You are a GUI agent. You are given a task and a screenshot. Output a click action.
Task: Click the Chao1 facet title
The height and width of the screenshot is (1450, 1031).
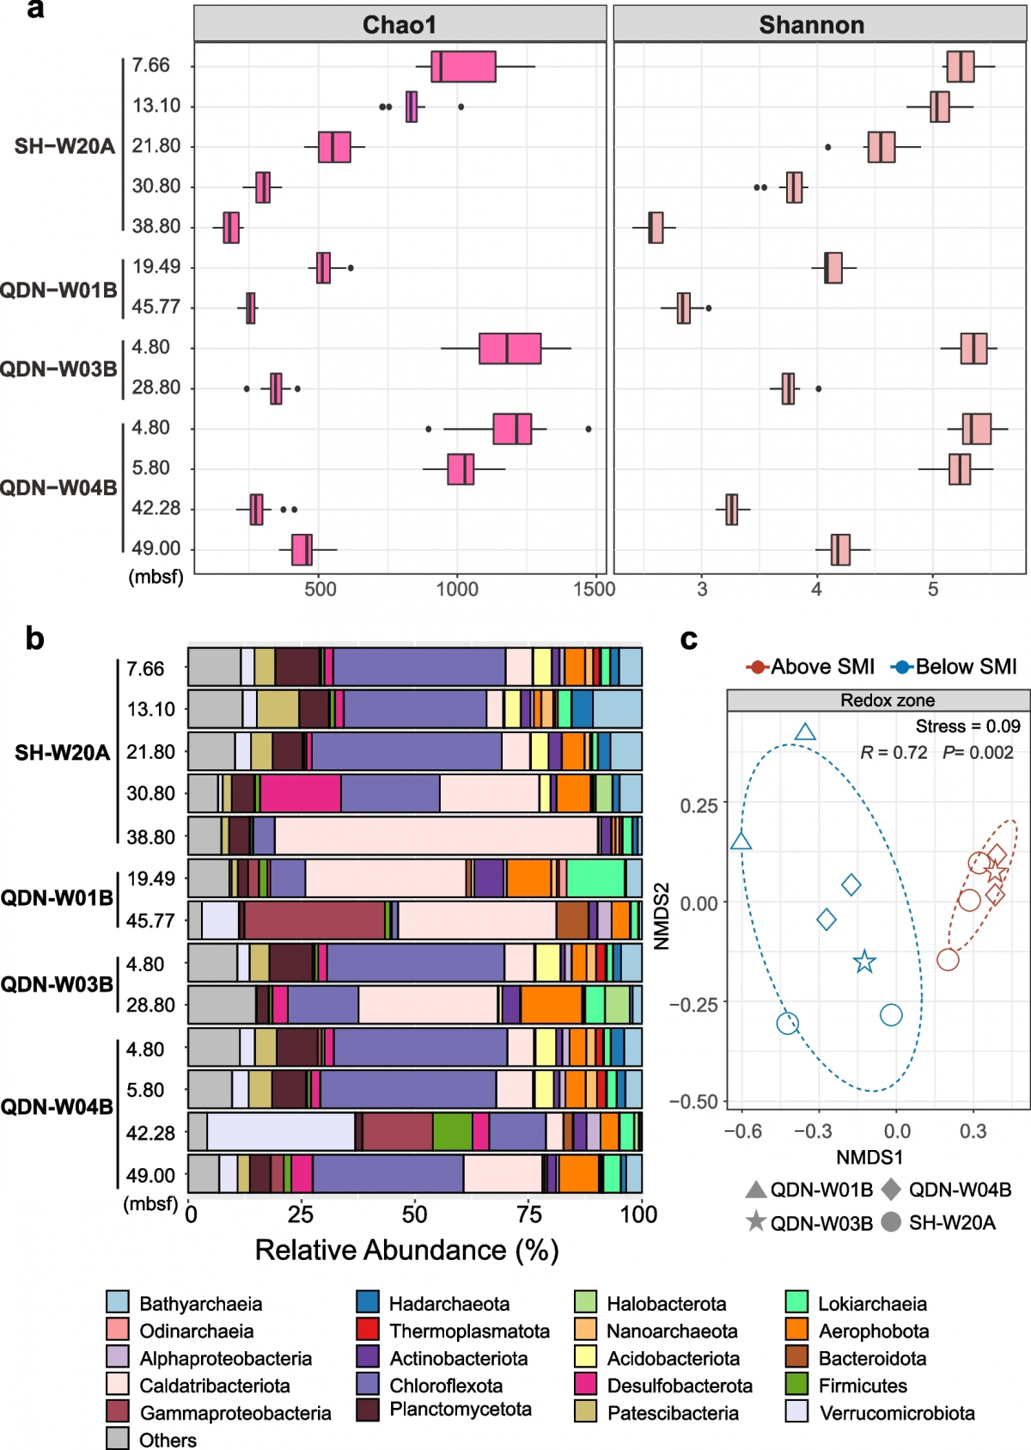(400, 25)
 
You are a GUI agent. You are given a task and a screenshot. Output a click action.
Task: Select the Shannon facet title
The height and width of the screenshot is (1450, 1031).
(811, 25)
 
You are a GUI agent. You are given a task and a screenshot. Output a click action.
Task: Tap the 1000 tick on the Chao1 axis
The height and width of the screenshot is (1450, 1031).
(457, 590)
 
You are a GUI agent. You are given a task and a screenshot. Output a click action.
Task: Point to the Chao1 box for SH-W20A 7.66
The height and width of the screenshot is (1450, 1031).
(464, 66)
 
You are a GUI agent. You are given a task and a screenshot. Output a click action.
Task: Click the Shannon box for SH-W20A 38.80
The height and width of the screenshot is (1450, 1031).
(656, 227)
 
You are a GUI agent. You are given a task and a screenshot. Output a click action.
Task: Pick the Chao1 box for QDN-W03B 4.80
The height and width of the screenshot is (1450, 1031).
(509, 348)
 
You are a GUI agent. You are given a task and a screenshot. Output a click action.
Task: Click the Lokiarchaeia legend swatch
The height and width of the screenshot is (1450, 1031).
(796, 1302)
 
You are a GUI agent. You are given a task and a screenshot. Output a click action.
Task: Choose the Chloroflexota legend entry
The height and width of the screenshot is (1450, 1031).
(446, 1385)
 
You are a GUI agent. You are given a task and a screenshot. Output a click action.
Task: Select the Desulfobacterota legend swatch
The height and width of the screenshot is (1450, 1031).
(585, 1385)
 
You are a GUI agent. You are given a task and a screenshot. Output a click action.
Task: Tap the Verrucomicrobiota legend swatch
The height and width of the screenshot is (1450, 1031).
(796, 1412)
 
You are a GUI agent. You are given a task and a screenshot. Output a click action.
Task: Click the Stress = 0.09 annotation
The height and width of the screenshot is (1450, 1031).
(967, 726)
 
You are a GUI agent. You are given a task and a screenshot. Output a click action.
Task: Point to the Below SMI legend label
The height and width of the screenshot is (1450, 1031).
(966, 666)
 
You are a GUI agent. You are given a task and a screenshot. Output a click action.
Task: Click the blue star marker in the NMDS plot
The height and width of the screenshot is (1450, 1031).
(864, 962)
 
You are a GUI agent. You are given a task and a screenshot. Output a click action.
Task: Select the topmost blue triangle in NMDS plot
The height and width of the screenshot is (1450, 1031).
(805, 732)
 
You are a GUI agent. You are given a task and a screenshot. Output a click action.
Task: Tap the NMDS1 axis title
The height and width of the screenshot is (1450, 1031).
(869, 1157)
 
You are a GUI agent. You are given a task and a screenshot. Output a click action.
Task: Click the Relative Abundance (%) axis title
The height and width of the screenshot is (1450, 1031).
(406, 1250)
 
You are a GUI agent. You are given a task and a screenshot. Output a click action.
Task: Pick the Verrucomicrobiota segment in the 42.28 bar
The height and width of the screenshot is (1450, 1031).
(281, 1132)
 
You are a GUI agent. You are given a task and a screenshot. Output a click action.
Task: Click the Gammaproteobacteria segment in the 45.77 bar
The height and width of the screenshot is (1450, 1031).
(314, 921)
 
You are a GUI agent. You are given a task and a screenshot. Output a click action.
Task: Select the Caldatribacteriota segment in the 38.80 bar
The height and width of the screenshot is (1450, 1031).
(436, 836)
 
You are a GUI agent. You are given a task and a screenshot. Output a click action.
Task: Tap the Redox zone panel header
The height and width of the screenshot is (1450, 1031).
(887, 701)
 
